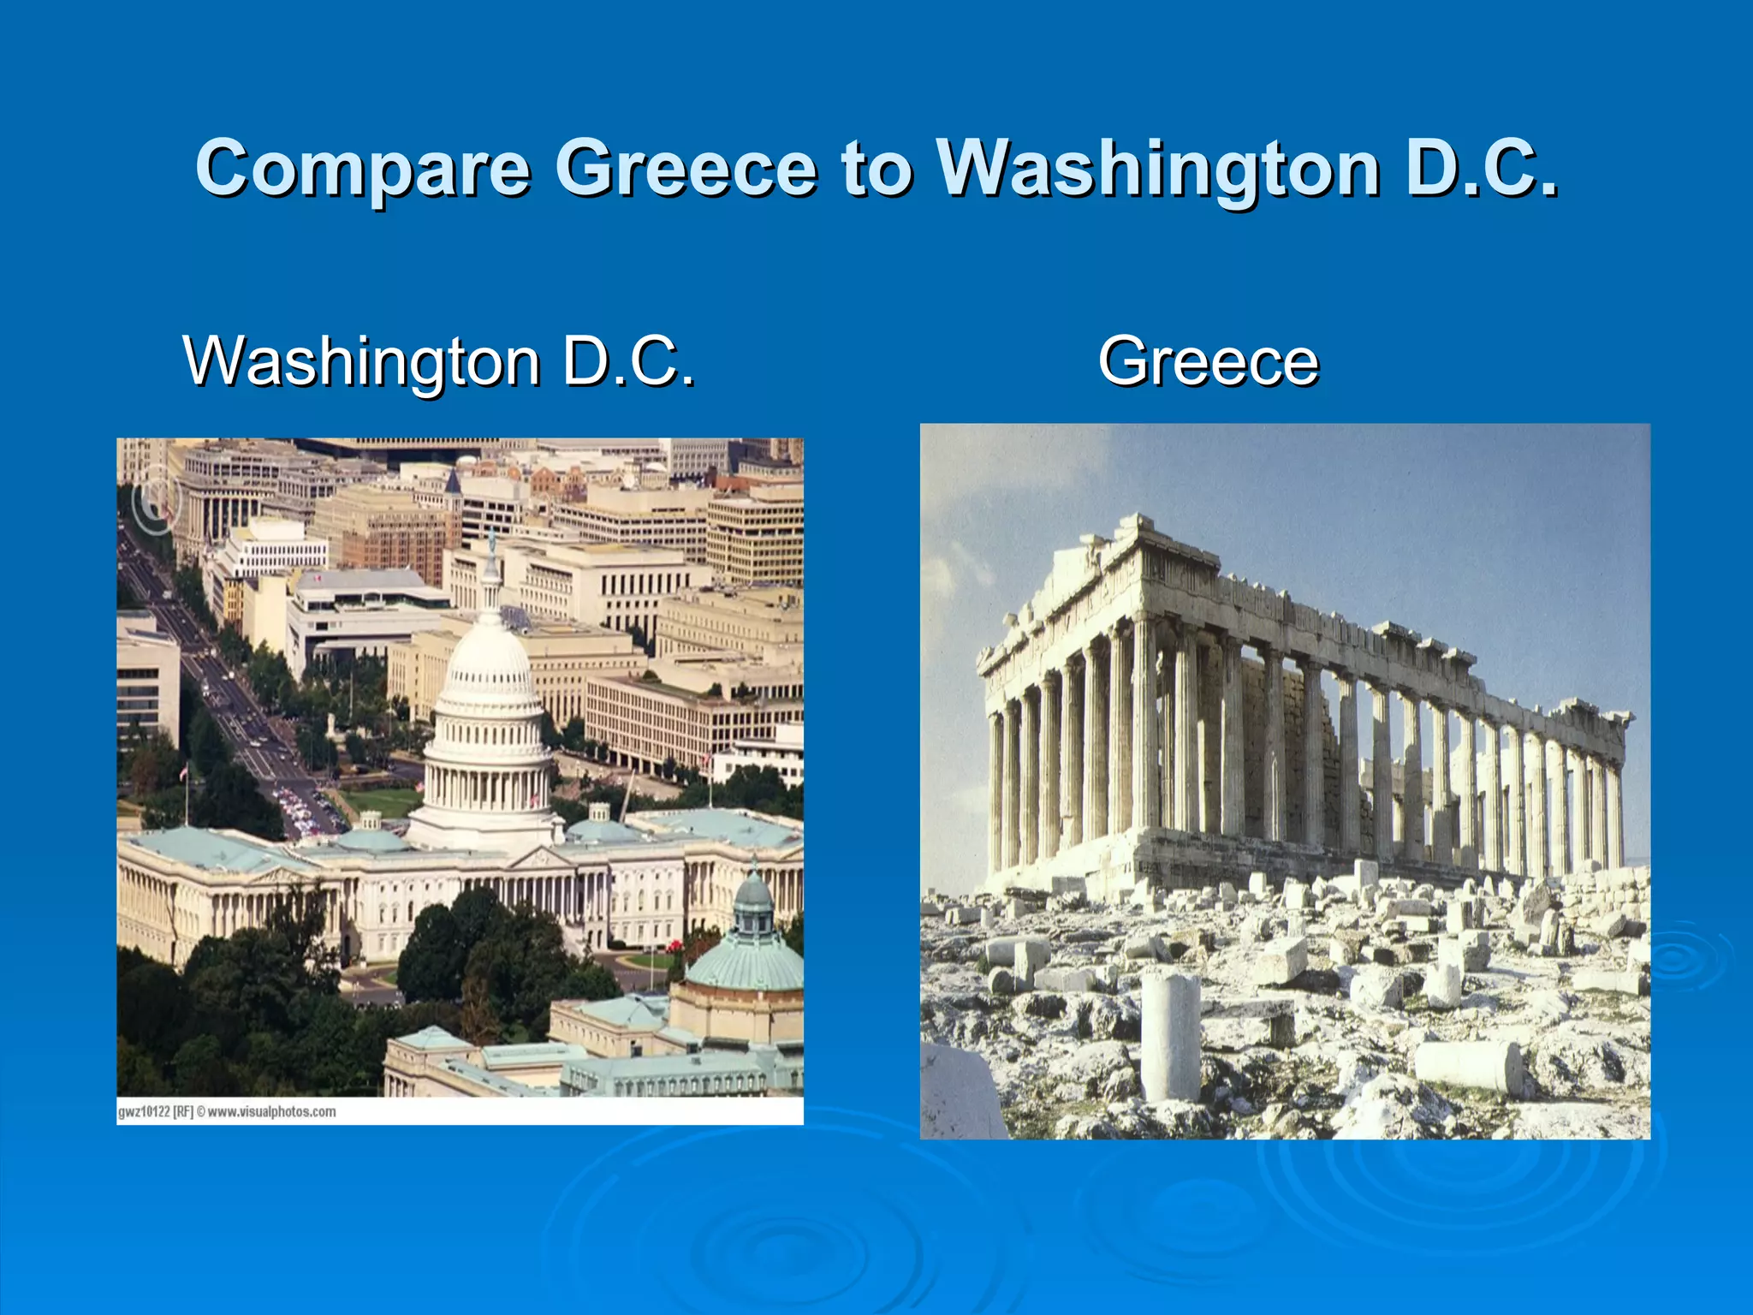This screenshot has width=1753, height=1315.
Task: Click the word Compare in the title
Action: coord(363,168)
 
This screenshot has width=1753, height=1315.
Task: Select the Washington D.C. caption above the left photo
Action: coord(439,360)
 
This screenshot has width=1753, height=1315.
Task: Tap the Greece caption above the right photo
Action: coord(1208,360)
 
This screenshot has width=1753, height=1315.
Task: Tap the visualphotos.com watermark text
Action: coord(271,1112)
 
